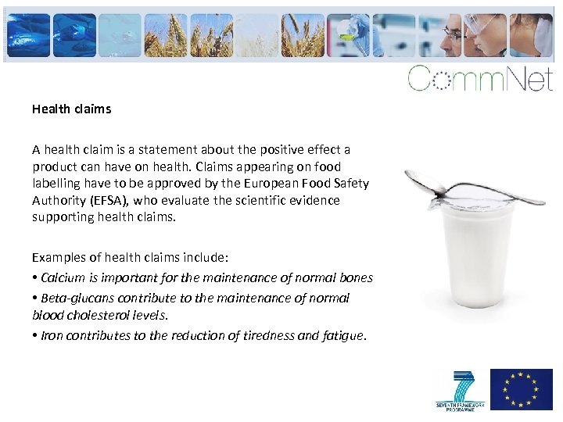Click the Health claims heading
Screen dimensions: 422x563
coord(71,109)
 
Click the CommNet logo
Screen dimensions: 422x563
coord(479,79)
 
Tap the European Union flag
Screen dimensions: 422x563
coord(521,389)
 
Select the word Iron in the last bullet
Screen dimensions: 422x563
coord(52,335)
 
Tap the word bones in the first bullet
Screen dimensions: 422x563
coord(356,277)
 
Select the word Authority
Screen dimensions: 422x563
coord(59,201)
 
